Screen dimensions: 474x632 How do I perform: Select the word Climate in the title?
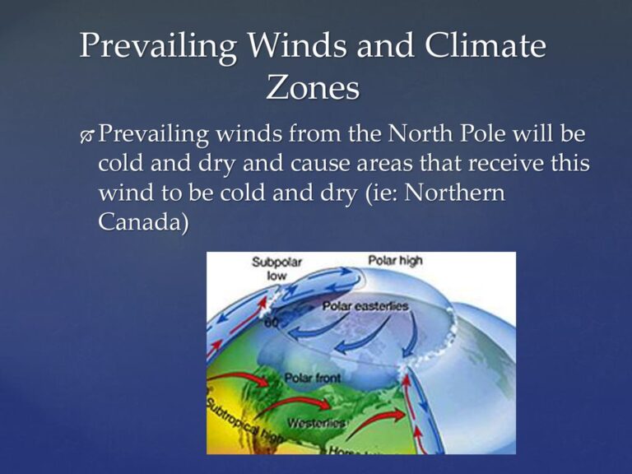click(485, 45)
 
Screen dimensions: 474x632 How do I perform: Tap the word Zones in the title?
click(313, 87)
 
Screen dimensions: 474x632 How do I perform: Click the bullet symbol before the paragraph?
click(86, 135)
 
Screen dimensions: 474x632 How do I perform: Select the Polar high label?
click(395, 261)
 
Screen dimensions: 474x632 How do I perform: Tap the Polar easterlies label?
click(365, 306)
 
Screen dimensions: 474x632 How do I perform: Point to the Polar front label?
click(311, 378)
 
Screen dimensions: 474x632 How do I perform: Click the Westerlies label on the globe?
click(316, 423)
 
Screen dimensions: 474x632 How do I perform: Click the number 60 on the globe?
click(272, 323)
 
